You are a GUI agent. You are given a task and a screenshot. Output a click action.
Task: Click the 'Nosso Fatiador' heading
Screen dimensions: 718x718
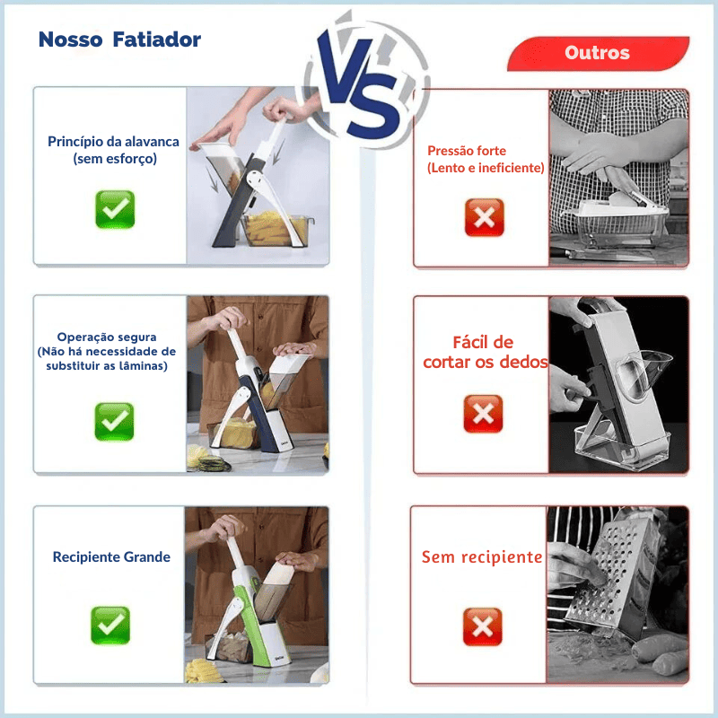pos(119,40)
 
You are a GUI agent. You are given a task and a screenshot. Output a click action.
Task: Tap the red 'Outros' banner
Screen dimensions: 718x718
pos(597,53)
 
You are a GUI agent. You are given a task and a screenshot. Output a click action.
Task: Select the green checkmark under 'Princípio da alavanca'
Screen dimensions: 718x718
pos(115,209)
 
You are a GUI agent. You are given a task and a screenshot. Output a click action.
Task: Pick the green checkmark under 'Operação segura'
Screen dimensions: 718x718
pos(114,421)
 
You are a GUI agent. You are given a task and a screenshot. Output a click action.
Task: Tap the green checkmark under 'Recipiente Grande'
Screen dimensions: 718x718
pos(110,625)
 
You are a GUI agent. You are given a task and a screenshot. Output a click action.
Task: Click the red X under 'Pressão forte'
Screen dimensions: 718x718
pos(484,217)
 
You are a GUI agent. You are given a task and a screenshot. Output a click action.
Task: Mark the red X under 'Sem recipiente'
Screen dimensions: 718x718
pos(482,626)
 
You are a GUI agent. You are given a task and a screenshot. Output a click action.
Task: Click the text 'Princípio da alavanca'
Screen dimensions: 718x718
pos(114,142)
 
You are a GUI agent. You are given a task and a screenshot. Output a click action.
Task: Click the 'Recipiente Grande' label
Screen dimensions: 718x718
pos(111,557)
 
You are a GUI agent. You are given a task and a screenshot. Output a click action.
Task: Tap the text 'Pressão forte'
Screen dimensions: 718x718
pos(467,151)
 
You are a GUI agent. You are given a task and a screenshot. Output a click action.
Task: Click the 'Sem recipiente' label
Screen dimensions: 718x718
pos(482,557)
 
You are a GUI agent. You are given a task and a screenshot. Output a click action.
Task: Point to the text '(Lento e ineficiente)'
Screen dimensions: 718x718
pos(486,168)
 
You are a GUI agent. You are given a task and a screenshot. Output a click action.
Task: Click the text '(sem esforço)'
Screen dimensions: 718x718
pos(115,159)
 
